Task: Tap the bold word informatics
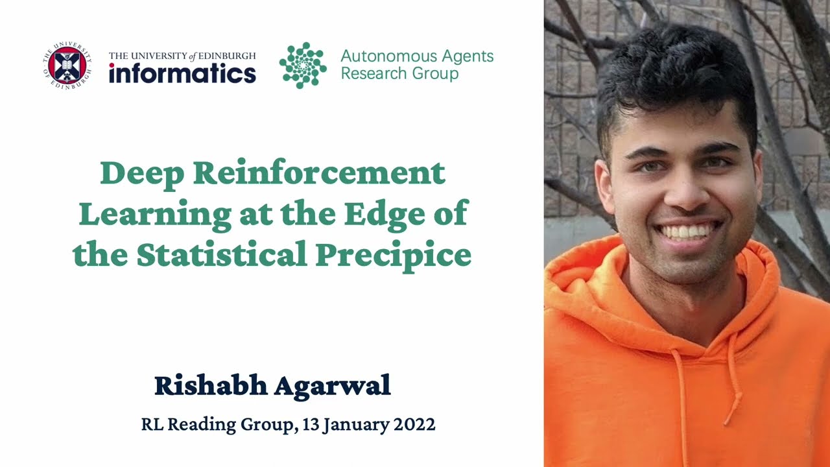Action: coord(182,73)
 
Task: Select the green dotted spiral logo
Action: coord(303,65)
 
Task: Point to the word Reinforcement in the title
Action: coord(320,173)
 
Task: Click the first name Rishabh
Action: coord(211,385)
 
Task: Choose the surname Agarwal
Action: coord(333,385)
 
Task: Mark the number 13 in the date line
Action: coord(311,425)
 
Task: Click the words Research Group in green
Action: coord(399,73)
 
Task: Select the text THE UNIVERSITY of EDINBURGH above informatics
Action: coord(182,56)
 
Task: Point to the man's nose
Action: coord(680,191)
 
